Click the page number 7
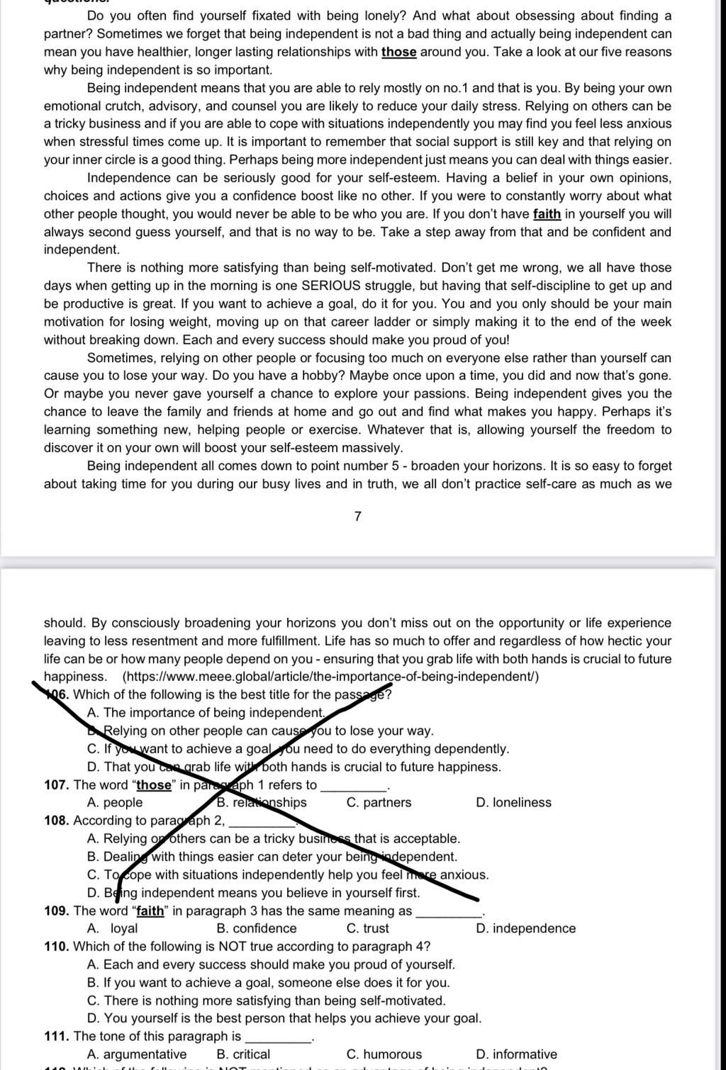[357, 517]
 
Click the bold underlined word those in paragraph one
[398, 52]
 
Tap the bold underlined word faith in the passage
[547, 214]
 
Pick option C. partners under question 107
[379, 802]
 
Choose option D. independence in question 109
[526, 928]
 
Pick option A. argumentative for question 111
[137, 1054]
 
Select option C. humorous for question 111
[384, 1054]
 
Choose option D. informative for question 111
[516, 1054]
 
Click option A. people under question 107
[115, 802]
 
